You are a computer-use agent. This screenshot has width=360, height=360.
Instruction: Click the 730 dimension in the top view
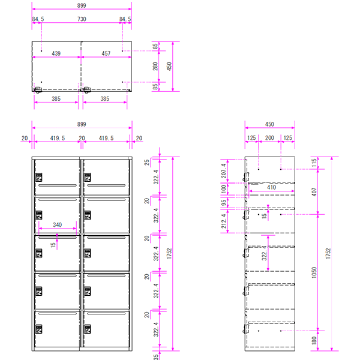pyautogui.click(x=82, y=19)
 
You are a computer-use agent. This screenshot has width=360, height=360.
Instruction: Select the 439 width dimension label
pyautogui.click(x=56, y=53)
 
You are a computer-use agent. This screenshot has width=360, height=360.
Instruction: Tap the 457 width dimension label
pyautogui.click(x=106, y=53)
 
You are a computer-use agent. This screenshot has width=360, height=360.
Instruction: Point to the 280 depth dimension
pyautogui.click(x=155, y=67)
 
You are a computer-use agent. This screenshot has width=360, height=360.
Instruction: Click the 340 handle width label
pyautogui.click(x=58, y=225)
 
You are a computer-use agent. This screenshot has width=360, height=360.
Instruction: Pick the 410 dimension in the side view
pyautogui.click(x=271, y=187)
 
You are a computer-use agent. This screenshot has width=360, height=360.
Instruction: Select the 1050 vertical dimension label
pyautogui.click(x=314, y=272)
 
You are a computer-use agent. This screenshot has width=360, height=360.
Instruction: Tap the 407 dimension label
pyautogui.click(x=314, y=192)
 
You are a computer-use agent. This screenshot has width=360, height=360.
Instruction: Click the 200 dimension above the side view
pyautogui.click(x=269, y=138)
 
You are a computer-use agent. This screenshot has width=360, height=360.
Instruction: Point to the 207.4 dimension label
pyautogui.click(x=224, y=171)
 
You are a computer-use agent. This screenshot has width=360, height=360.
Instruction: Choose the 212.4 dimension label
pyautogui.click(x=224, y=221)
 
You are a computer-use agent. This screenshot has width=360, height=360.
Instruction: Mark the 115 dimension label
pyautogui.click(x=314, y=163)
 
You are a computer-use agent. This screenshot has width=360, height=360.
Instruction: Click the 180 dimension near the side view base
pyautogui.click(x=314, y=340)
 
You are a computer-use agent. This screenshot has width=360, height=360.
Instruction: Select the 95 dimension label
pyautogui.click(x=224, y=203)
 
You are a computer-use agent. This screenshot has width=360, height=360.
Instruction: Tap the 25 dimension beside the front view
pyautogui.click(x=147, y=163)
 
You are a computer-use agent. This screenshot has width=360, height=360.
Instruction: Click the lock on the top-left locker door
pyautogui.click(x=39, y=177)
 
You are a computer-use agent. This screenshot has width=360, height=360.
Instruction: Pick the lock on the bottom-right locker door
pyautogui.click(x=88, y=329)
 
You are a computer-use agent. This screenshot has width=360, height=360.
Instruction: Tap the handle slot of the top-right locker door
pyautogui.click(x=106, y=185)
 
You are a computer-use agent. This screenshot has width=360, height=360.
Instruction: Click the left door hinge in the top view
pyautogui.click(x=38, y=90)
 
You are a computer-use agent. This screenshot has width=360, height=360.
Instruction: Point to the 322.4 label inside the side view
pyautogui.click(x=264, y=253)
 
